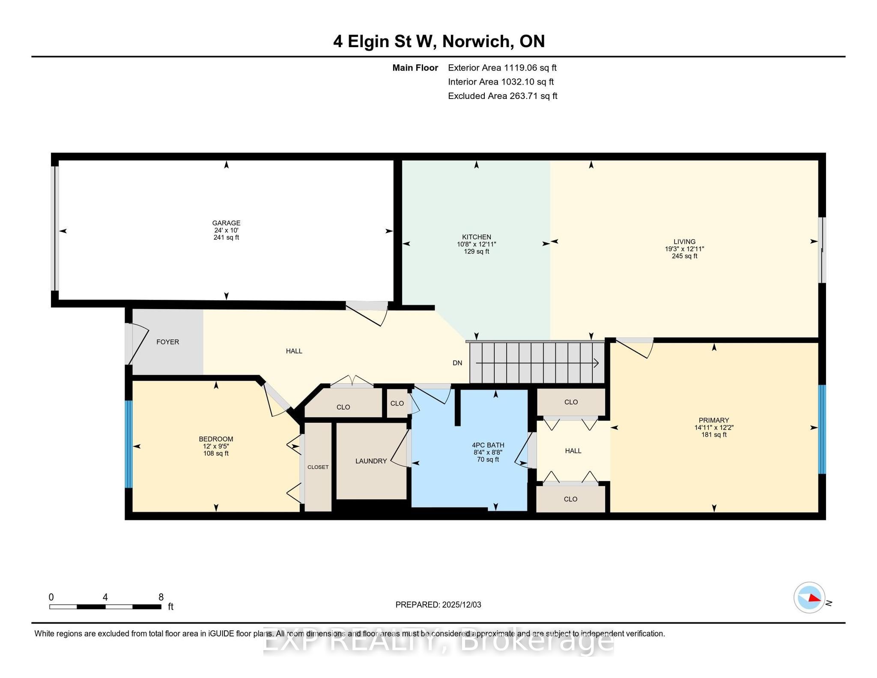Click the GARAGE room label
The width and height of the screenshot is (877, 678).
[x=226, y=223]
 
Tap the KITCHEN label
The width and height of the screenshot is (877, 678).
[x=476, y=237]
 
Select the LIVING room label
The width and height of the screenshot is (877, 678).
[x=684, y=242]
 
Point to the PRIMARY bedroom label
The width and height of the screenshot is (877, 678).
[x=713, y=420]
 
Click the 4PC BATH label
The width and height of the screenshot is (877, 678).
[x=488, y=445]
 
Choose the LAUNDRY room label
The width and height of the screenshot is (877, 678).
[x=371, y=461]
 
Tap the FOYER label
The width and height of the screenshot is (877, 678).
[x=167, y=342]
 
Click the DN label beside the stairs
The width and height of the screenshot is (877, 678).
[x=457, y=363]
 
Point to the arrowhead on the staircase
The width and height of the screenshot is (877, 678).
[x=596, y=363]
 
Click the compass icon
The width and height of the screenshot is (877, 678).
[x=809, y=597]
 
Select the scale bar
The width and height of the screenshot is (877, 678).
[x=105, y=606]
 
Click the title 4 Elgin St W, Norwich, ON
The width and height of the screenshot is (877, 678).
[x=438, y=41]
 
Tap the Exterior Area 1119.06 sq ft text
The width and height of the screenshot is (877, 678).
[x=502, y=68]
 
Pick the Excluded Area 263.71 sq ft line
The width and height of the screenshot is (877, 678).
[x=502, y=96]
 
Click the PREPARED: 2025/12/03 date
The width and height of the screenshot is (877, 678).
[x=438, y=605]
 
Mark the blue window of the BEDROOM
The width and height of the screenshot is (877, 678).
[x=128, y=444]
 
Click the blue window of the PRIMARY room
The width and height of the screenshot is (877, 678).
[x=822, y=430]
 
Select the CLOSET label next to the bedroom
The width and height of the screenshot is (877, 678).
[x=318, y=467]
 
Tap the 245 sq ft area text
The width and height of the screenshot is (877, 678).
[x=684, y=256]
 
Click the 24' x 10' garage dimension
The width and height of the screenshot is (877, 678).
[x=226, y=230]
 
